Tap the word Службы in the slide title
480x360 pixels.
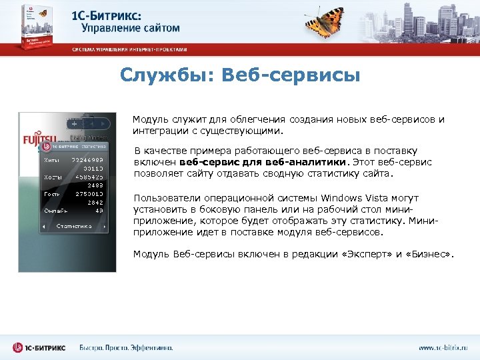coord(162,75)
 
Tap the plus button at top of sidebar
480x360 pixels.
coord(74,123)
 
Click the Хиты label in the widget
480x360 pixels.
coord(51,161)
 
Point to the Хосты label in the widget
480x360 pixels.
coord(53,177)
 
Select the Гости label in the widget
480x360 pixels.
coord(52,193)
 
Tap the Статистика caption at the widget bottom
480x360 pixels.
coord(73,227)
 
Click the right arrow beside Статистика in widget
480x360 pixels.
coord(105,227)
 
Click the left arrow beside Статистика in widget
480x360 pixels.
coord(45,227)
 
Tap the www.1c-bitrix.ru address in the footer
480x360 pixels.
coord(443,348)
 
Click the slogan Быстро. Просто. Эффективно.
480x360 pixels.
coord(126,348)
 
